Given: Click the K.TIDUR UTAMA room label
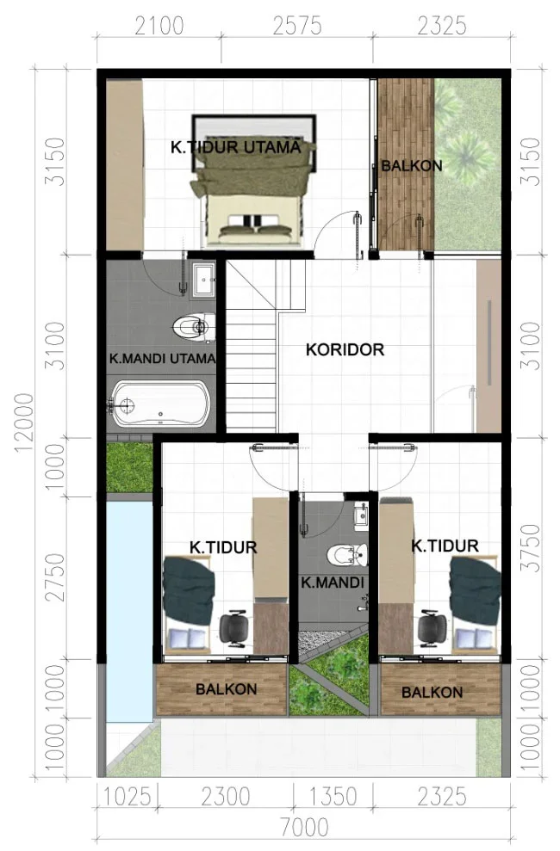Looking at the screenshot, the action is point(235,147).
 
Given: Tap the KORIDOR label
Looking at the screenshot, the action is point(345,349).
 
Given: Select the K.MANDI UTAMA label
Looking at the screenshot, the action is point(163,358).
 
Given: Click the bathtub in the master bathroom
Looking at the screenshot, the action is point(159,404).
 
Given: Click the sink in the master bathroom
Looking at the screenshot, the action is point(204,280).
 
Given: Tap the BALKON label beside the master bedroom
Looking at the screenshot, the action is point(412,165).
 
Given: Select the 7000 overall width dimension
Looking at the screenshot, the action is point(304,827).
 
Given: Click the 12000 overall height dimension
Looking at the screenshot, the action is point(24,423).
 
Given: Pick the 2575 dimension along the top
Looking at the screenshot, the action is point(297,26).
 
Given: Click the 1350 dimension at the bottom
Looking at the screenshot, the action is point(333,797).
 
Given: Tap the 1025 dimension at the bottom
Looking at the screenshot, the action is point(128,797).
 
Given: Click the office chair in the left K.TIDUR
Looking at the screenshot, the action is point(235,628).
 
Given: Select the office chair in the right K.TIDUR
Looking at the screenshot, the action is point(432,628).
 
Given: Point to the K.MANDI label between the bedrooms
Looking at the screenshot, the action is point(333,583).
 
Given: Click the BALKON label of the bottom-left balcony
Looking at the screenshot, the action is point(226,689).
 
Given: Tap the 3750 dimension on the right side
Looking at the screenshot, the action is point(530,547).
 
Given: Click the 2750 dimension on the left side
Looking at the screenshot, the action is point(55,577).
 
